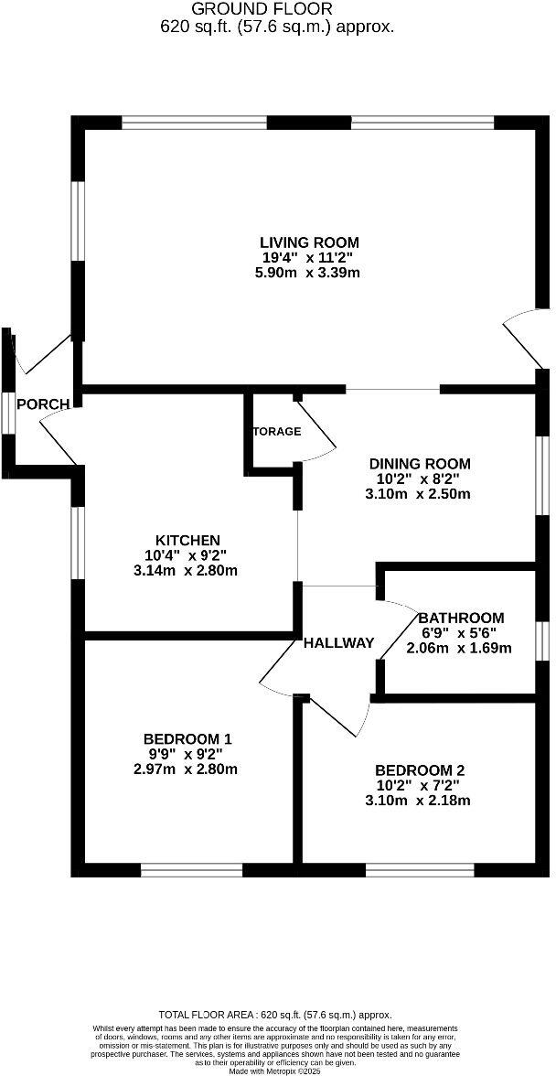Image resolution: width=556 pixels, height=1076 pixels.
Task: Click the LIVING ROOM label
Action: (x=309, y=242)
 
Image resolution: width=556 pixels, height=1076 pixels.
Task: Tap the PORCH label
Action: (x=43, y=404)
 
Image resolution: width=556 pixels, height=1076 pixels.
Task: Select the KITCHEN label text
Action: (x=187, y=540)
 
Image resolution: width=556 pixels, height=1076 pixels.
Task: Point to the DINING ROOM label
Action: (x=419, y=463)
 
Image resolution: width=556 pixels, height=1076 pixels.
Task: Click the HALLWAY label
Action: (x=339, y=642)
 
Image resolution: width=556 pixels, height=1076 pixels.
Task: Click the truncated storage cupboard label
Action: (x=276, y=431)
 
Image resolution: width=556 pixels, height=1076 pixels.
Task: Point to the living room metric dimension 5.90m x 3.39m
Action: (x=309, y=273)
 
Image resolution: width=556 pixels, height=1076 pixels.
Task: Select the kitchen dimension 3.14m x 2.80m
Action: (x=185, y=571)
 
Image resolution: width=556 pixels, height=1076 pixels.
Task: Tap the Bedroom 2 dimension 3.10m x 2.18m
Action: (x=418, y=801)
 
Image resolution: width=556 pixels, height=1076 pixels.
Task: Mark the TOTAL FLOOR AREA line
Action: (x=275, y=1015)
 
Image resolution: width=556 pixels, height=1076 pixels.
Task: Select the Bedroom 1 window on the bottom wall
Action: (x=191, y=870)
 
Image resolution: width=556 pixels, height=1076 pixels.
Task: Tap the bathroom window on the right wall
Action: (x=541, y=640)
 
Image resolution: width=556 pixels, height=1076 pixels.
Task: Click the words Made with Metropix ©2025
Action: (x=275, y=1071)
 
